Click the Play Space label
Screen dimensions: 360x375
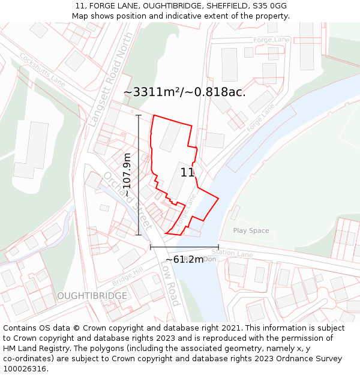pos(251,230)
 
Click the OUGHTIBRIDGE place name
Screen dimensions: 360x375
pos(92,296)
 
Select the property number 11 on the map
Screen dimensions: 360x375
pos(187,173)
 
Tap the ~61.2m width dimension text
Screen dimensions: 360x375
pos(184,260)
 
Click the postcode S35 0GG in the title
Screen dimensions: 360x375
pos(269,6)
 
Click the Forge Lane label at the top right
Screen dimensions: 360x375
pos(271,40)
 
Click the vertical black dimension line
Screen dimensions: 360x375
pos(139,174)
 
